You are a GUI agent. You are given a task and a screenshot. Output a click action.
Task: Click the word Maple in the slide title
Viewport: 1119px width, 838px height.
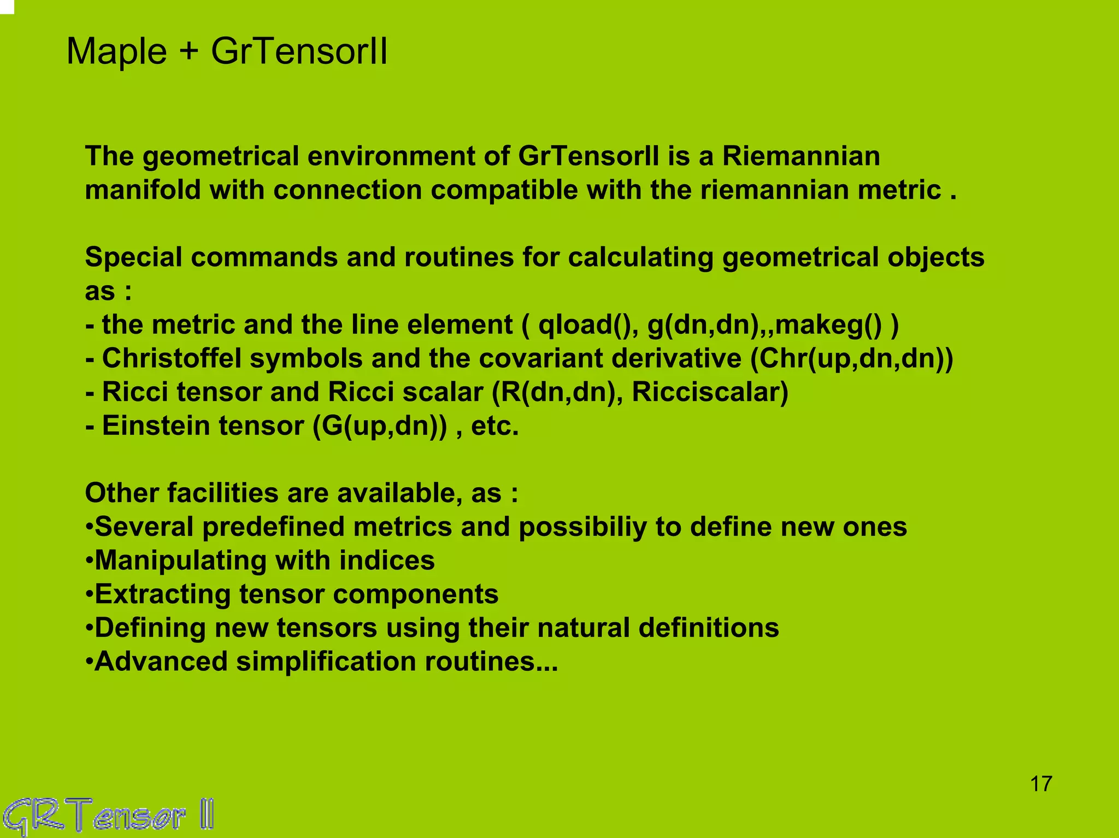coord(116,52)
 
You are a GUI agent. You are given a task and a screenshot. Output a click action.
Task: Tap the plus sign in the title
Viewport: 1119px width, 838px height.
coord(189,52)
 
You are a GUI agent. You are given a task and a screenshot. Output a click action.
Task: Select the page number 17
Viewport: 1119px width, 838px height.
coord(1041,784)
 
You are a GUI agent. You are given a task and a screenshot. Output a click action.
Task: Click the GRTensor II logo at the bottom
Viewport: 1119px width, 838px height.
coord(108,816)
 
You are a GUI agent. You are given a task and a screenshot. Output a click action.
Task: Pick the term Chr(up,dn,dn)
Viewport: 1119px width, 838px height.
coord(851,359)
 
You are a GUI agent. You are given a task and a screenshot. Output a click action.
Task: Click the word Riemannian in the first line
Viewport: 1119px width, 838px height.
coord(801,156)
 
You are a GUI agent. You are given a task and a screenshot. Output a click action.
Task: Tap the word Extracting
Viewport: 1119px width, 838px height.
coord(162,594)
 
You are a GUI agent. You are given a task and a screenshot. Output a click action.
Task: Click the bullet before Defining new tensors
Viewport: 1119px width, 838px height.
coord(89,628)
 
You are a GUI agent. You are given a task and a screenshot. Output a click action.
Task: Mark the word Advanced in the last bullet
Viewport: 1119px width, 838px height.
coord(161,662)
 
